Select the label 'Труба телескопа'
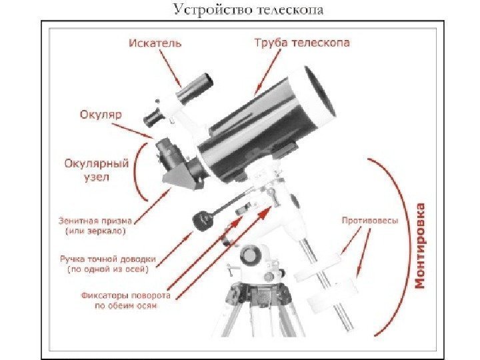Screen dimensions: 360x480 point(302,43)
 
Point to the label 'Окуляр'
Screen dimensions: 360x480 point(99,115)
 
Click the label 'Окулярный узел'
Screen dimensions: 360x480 point(94,170)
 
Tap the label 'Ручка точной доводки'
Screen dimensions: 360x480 point(107,259)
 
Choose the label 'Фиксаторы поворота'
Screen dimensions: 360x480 point(126,295)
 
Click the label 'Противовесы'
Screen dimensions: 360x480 point(370,219)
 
